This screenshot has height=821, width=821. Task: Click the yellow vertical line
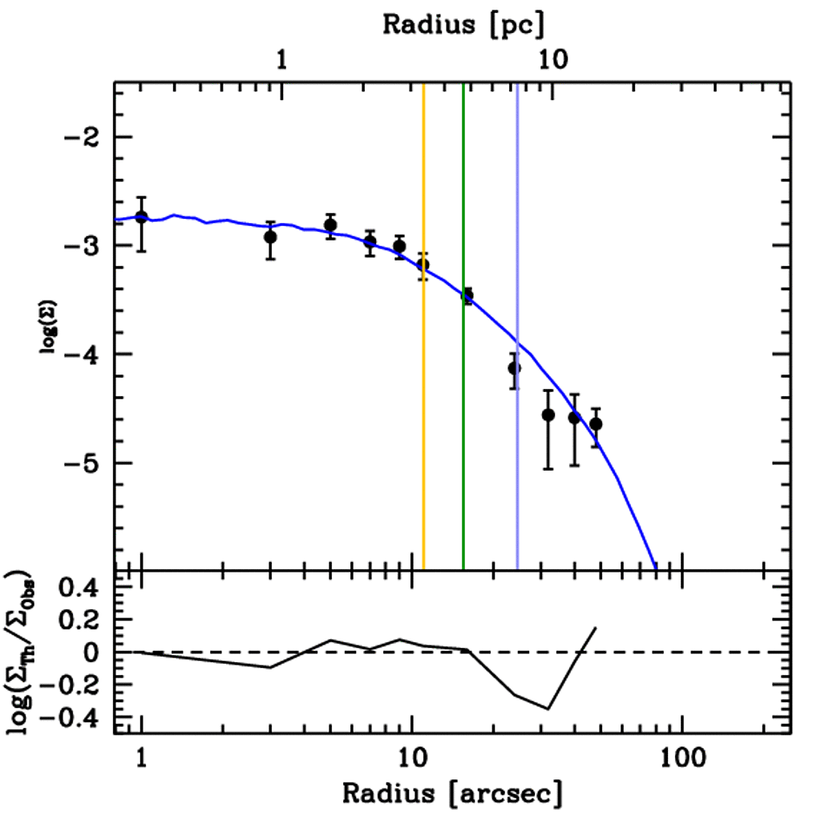pyautogui.click(x=423, y=401)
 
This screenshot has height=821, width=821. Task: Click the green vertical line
pyautogui.click(x=463, y=401)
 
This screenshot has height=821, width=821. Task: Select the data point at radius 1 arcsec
pyautogui.click(x=141, y=217)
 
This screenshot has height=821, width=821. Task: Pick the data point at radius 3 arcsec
pyautogui.click(x=270, y=237)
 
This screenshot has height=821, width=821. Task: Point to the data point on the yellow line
pyautogui.click(x=423, y=265)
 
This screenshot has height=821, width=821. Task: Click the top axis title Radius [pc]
pyautogui.click(x=463, y=24)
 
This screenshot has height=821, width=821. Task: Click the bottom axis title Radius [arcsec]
pyautogui.click(x=452, y=794)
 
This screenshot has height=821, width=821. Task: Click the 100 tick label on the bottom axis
pyautogui.click(x=682, y=758)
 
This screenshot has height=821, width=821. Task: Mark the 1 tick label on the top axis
pyautogui.click(x=281, y=62)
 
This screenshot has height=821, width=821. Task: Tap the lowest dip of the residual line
pyautogui.click(x=548, y=709)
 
